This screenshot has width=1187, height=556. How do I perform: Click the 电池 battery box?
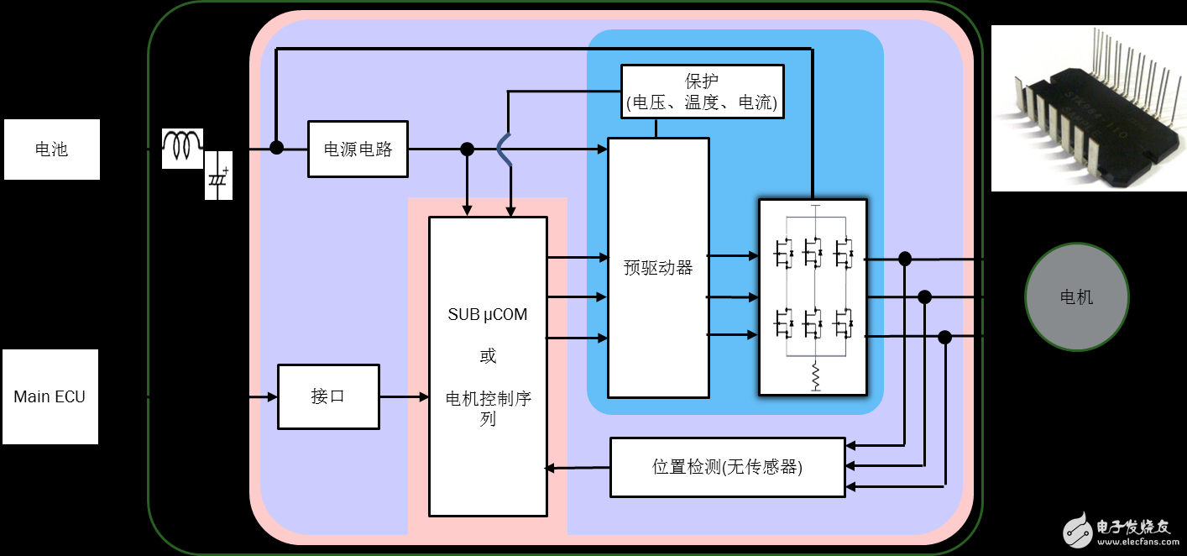click(52, 149)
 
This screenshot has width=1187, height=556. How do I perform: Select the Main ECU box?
click(50, 396)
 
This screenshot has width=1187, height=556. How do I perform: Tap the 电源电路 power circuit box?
click(358, 149)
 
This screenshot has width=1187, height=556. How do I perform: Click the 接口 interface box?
click(328, 396)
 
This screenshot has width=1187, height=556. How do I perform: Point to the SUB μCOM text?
click(488, 315)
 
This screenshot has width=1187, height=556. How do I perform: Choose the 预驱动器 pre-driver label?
click(658, 268)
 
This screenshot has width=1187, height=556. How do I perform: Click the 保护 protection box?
click(702, 92)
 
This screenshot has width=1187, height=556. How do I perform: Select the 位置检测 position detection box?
click(727, 467)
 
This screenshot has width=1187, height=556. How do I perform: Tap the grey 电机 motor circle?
click(1076, 296)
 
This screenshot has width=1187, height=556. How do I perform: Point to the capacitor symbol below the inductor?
click(218, 177)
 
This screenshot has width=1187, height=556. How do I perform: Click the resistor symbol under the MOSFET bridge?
click(814, 376)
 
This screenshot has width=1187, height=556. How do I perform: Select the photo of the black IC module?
click(1089, 108)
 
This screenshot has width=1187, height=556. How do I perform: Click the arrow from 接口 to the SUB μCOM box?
click(404, 396)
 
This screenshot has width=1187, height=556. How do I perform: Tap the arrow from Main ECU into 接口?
click(214, 396)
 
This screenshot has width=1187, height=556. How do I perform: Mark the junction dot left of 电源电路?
click(276, 148)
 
